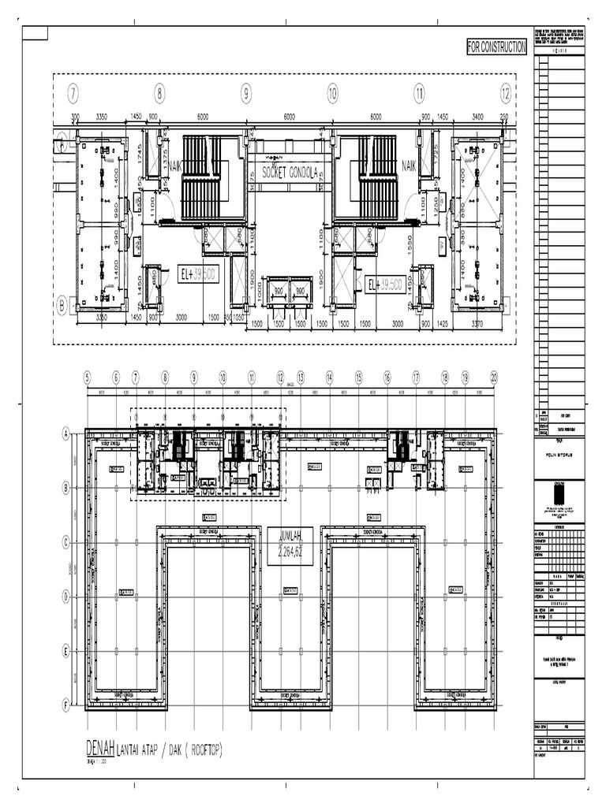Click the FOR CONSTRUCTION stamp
coord(496,48)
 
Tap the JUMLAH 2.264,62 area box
coord(290,545)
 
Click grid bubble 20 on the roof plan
coord(494,377)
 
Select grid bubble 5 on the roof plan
coord(87,377)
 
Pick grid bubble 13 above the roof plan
coord(301,377)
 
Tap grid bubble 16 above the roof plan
coord(387,377)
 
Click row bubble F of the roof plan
coord(66,706)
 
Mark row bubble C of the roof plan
coord(66,541)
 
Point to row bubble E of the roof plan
coord(66,651)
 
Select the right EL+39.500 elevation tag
coord(385,284)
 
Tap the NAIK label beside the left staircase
coord(174,166)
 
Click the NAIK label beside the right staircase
coord(409,166)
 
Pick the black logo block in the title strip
coord(559,494)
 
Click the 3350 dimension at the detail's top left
coord(102,117)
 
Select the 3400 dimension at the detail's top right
coord(478,117)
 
